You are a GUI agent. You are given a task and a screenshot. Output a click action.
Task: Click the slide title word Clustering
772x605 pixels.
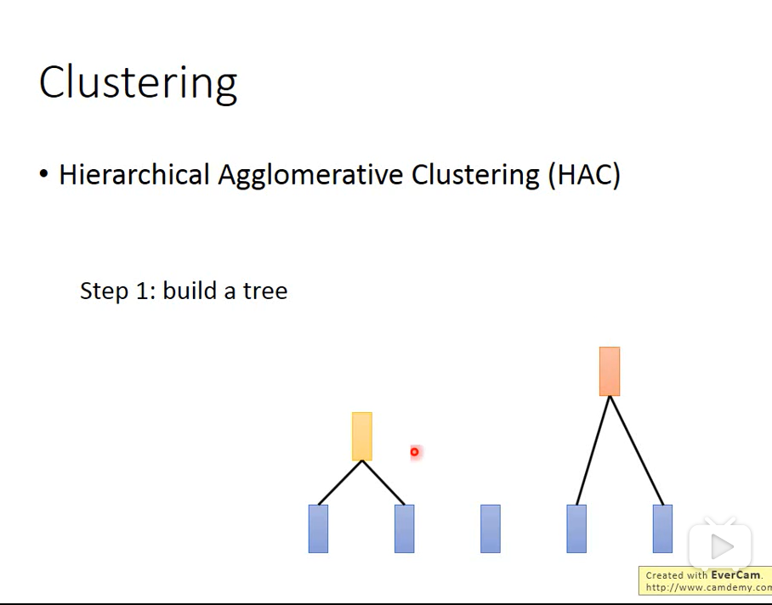coord(139,82)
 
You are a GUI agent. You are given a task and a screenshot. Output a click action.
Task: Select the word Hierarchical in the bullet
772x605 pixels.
coord(134,174)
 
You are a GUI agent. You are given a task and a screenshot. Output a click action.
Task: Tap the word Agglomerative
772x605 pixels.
coord(310,175)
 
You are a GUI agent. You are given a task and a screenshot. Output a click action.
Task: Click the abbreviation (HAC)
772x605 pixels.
coord(584,175)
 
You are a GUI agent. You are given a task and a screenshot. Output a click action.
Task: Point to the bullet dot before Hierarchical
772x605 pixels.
coord(44,174)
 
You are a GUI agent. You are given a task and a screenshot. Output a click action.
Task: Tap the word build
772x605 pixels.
coord(190,291)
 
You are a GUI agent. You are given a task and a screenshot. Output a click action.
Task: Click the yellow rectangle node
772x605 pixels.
coord(362,436)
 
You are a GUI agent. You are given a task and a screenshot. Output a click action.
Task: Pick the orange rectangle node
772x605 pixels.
coord(610,370)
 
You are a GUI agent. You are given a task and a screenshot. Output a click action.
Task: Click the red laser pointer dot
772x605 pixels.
coord(415,451)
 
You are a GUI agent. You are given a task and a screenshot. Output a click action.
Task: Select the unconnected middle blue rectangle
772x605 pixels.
coord(491,529)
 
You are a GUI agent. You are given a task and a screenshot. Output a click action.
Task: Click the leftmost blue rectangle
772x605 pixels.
coord(318,529)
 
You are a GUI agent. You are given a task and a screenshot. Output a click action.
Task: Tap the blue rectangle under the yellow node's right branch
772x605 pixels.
coord(404,529)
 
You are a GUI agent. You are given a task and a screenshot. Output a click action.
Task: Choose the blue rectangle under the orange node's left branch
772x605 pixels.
coord(576,529)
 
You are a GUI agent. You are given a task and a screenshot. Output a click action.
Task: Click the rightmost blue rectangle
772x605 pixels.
coord(662,529)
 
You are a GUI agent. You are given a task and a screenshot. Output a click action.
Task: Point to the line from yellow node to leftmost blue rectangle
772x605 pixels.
coord(340,483)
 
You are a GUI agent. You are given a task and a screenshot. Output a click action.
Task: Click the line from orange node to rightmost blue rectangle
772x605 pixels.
coord(637,450)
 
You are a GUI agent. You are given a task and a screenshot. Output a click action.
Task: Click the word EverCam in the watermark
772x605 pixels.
coord(735,575)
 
